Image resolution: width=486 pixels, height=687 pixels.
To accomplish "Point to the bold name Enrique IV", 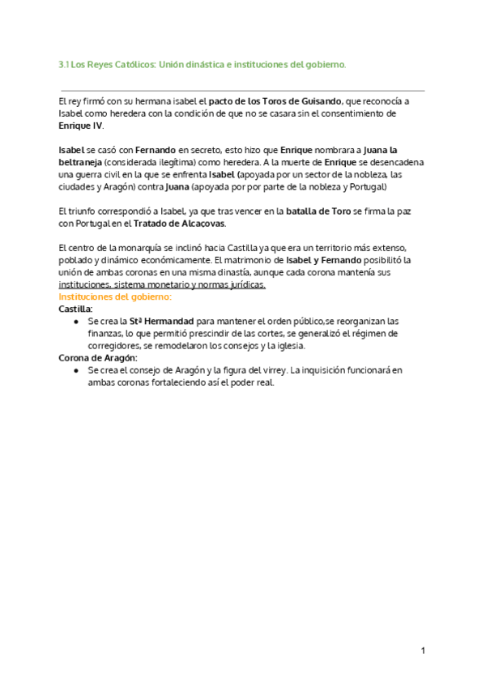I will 81,127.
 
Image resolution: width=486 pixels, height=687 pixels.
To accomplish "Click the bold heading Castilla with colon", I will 76,309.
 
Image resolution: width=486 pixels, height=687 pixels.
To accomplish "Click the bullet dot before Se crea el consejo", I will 75,370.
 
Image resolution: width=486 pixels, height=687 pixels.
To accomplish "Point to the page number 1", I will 422,651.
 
